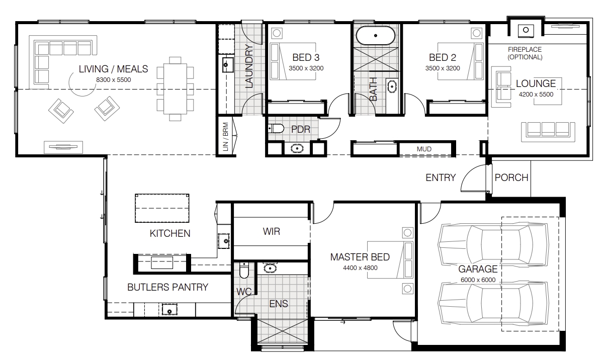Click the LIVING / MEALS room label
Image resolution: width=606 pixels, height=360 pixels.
click(113, 69)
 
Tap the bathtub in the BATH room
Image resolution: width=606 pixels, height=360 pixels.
click(376, 35)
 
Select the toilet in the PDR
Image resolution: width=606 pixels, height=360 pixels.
click(276, 129)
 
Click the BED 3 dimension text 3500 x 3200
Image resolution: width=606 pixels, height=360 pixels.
click(306, 68)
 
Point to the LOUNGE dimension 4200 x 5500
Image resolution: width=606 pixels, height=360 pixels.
click(536, 95)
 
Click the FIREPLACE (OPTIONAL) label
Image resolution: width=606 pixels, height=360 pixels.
click(525, 53)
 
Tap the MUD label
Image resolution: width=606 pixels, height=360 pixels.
click(424, 149)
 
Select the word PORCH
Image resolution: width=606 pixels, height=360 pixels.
click(511, 177)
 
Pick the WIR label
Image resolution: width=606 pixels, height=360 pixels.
click(272, 231)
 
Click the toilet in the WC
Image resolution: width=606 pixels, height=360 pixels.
click(244, 270)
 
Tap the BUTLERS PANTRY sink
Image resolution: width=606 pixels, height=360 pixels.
click(169, 309)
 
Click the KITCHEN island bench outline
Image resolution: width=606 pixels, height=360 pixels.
click(162, 195)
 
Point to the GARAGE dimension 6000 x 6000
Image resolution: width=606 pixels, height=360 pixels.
click(478, 280)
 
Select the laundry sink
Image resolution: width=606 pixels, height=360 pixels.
click(228, 65)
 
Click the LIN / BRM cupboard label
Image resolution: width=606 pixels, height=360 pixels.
click(225, 137)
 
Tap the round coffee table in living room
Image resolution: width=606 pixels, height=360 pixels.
click(82, 96)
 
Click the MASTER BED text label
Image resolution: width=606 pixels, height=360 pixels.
click(360, 257)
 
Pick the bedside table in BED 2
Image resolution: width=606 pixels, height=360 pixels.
click(477, 33)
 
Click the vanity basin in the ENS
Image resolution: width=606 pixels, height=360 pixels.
click(270, 268)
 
